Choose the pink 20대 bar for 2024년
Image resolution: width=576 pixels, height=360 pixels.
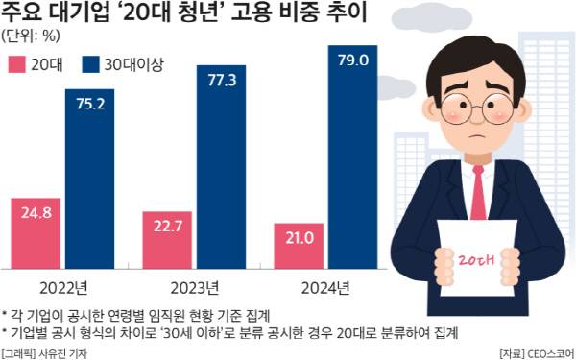pyautogui.click(x=299, y=245)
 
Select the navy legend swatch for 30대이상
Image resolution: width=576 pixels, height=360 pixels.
pyautogui.click(x=92, y=65)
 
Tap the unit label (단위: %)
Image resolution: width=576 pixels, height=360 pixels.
pyautogui.click(x=33, y=36)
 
